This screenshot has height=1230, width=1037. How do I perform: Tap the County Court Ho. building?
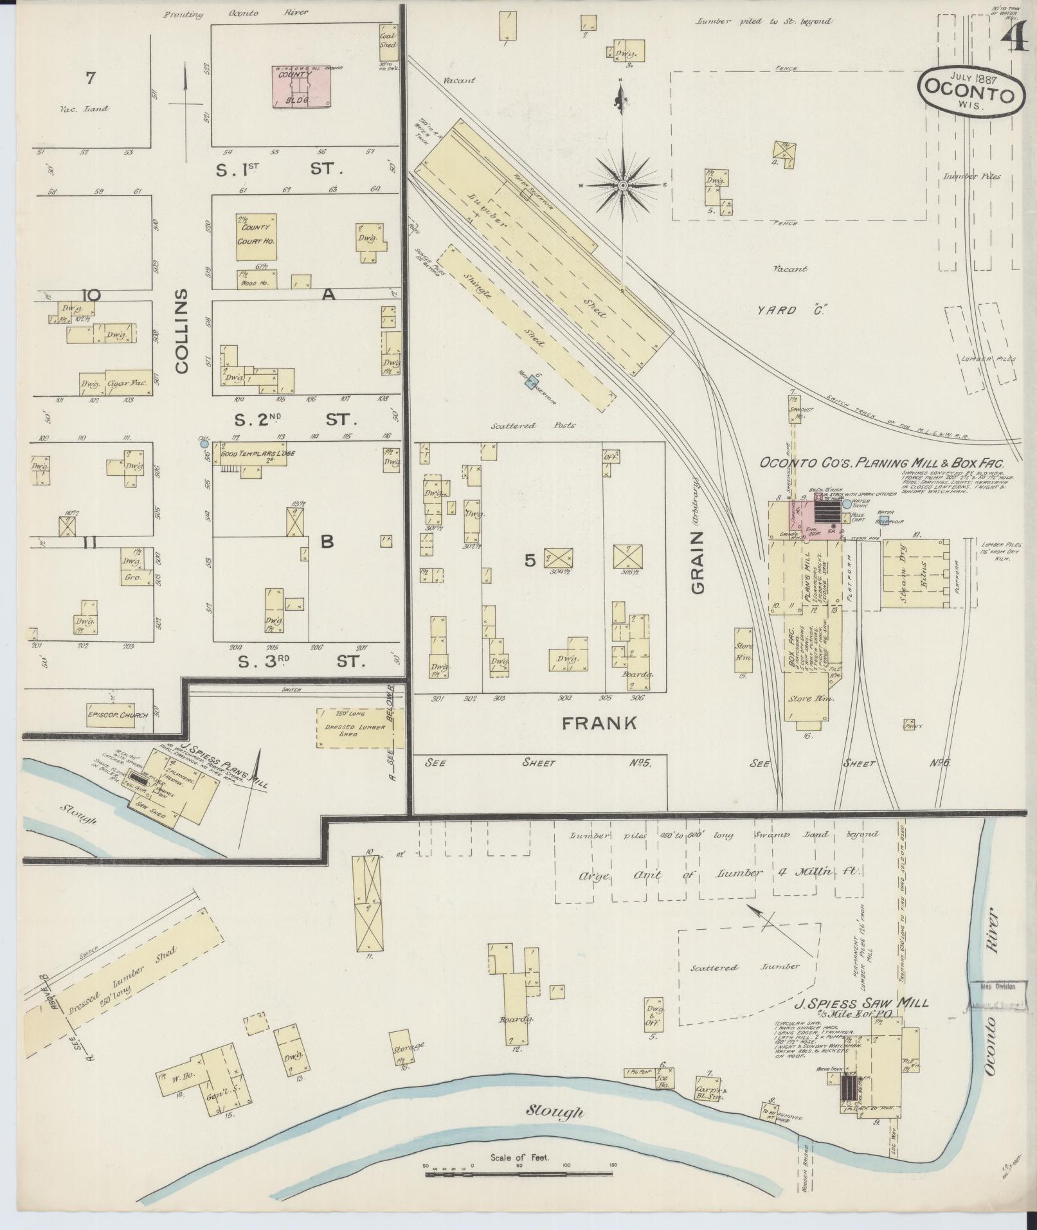(255, 237)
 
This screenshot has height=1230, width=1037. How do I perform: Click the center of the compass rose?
(622, 186)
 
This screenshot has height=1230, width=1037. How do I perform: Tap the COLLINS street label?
(181, 330)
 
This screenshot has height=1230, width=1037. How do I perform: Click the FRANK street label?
(599, 723)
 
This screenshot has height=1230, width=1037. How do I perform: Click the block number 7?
(90, 78)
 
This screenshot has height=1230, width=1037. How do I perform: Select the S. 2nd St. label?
(295, 420)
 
